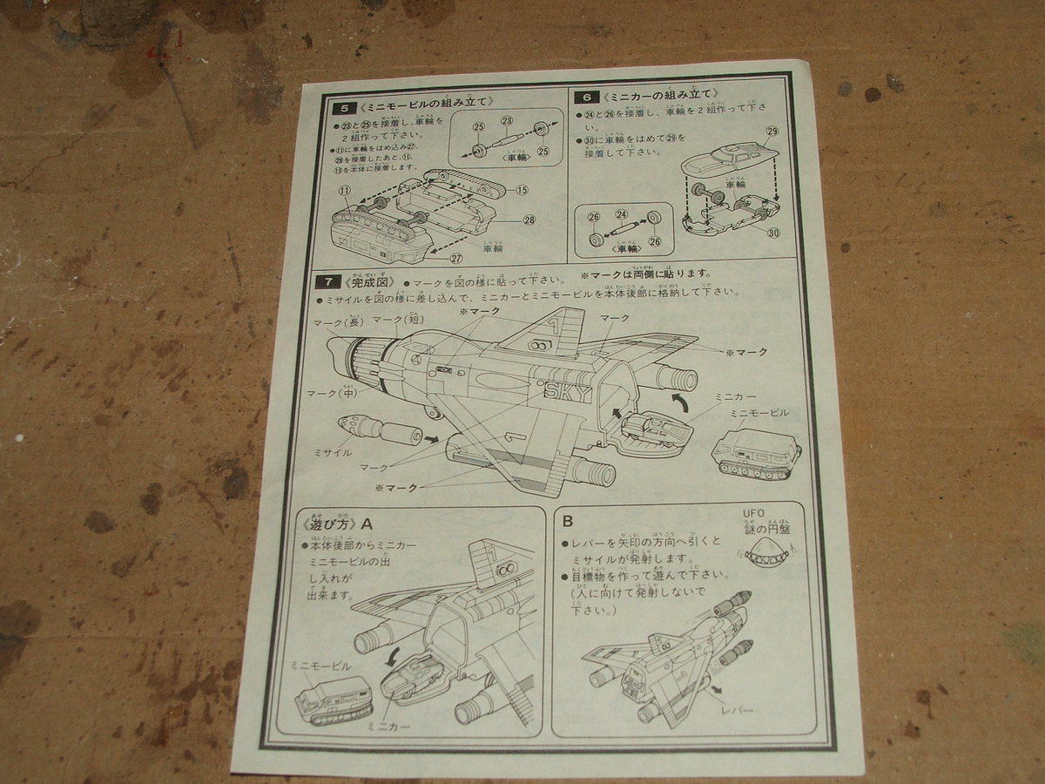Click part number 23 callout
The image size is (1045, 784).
507,120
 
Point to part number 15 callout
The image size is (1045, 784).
522,190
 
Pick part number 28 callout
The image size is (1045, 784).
529,219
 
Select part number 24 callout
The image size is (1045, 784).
621,213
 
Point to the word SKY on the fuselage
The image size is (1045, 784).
567,393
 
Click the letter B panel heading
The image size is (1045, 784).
568,522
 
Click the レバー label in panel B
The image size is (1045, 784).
735,710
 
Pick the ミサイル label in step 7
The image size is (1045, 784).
332,453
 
